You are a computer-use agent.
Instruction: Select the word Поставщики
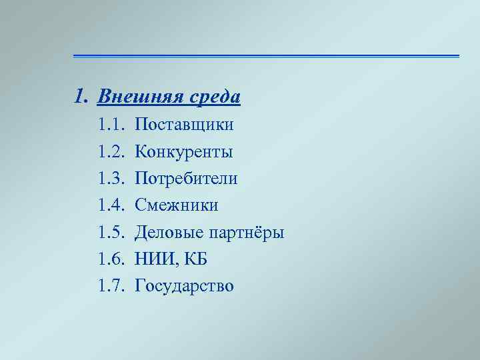(184, 125)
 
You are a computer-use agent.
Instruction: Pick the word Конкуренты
(183, 152)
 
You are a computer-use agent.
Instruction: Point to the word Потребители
(186, 179)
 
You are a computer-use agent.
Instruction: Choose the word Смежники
(176, 205)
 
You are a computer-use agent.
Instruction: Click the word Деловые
(166, 233)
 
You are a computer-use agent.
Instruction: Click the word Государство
(184, 287)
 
